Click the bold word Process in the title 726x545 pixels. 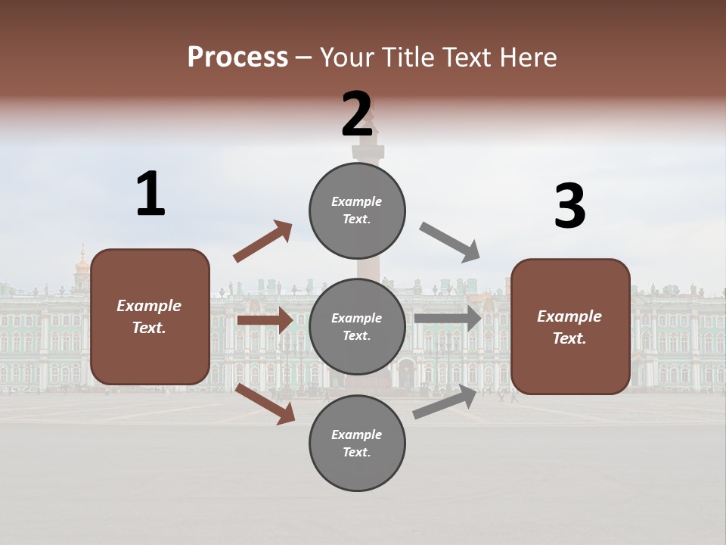pyautogui.click(x=237, y=58)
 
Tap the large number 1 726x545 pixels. pyautogui.click(x=150, y=194)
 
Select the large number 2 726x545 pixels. pyautogui.click(x=357, y=114)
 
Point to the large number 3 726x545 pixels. pyautogui.click(x=569, y=207)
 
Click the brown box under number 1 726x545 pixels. pyautogui.click(x=150, y=316)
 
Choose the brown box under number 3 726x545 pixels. pyautogui.click(x=570, y=326)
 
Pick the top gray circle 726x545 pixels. pyautogui.click(x=357, y=210)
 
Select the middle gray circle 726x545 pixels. pyautogui.click(x=357, y=326)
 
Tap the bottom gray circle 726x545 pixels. pyautogui.click(x=357, y=443)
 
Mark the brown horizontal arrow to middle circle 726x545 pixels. pyautogui.click(x=265, y=320)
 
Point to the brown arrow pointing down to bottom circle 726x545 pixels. pyautogui.click(x=265, y=403)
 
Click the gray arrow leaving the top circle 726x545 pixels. pyautogui.click(x=450, y=241)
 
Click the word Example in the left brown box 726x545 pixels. pyautogui.click(x=149, y=306)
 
